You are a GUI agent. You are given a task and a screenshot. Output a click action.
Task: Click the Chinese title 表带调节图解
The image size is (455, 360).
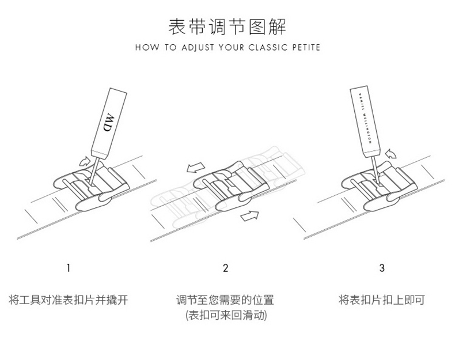[x=227, y=26]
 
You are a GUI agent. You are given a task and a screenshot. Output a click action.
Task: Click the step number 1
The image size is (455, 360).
[x=69, y=268]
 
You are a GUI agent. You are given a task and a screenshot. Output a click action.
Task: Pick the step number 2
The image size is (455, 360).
[x=226, y=268]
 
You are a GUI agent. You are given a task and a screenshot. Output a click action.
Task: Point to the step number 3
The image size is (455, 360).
[x=382, y=268]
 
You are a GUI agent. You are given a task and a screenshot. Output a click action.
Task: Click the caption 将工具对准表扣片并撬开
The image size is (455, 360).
[x=69, y=300]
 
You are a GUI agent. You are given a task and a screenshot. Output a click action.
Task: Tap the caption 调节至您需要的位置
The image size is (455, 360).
[x=225, y=300]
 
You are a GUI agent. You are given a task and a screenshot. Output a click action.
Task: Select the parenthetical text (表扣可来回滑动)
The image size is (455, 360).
[x=225, y=316]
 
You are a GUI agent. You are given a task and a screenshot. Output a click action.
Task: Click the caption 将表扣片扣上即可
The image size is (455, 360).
[x=382, y=300]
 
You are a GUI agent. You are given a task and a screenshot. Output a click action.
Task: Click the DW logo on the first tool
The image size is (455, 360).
[x=109, y=123]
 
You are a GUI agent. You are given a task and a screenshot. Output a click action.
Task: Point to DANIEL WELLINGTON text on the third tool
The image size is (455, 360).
[x=363, y=118]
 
